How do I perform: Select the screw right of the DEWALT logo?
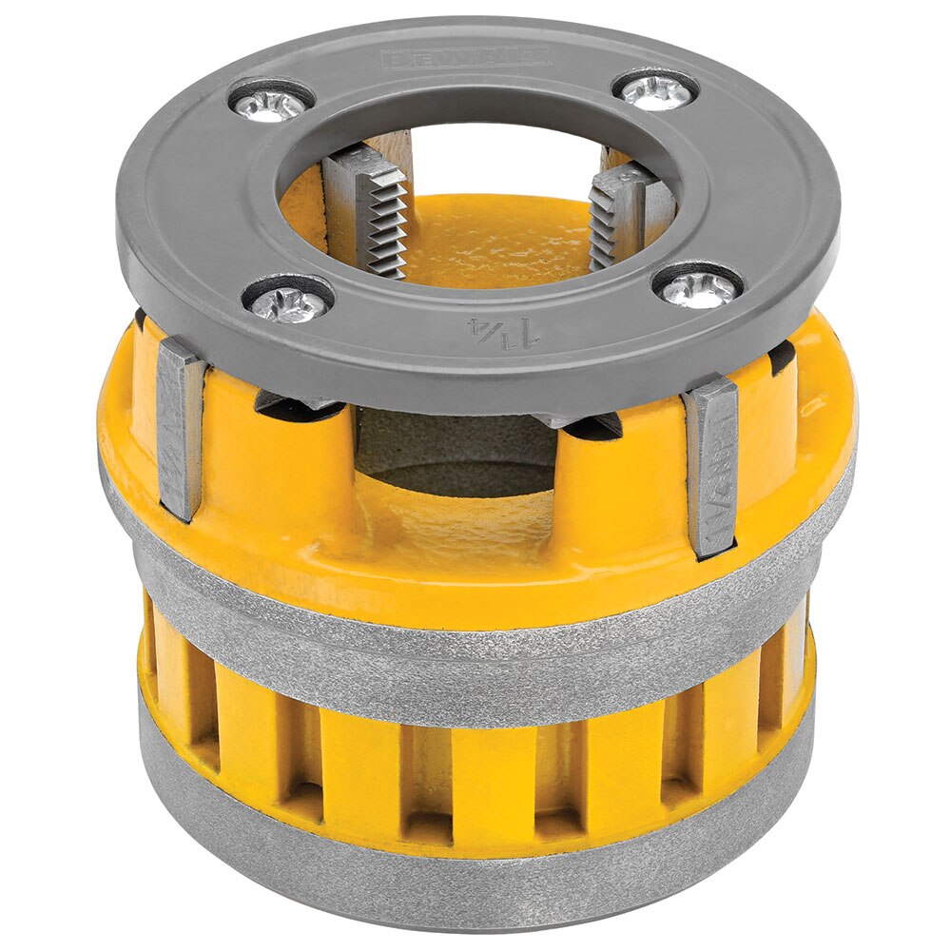[655, 90]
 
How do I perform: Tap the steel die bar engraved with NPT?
[711, 466]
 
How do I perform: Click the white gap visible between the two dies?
[495, 162]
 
